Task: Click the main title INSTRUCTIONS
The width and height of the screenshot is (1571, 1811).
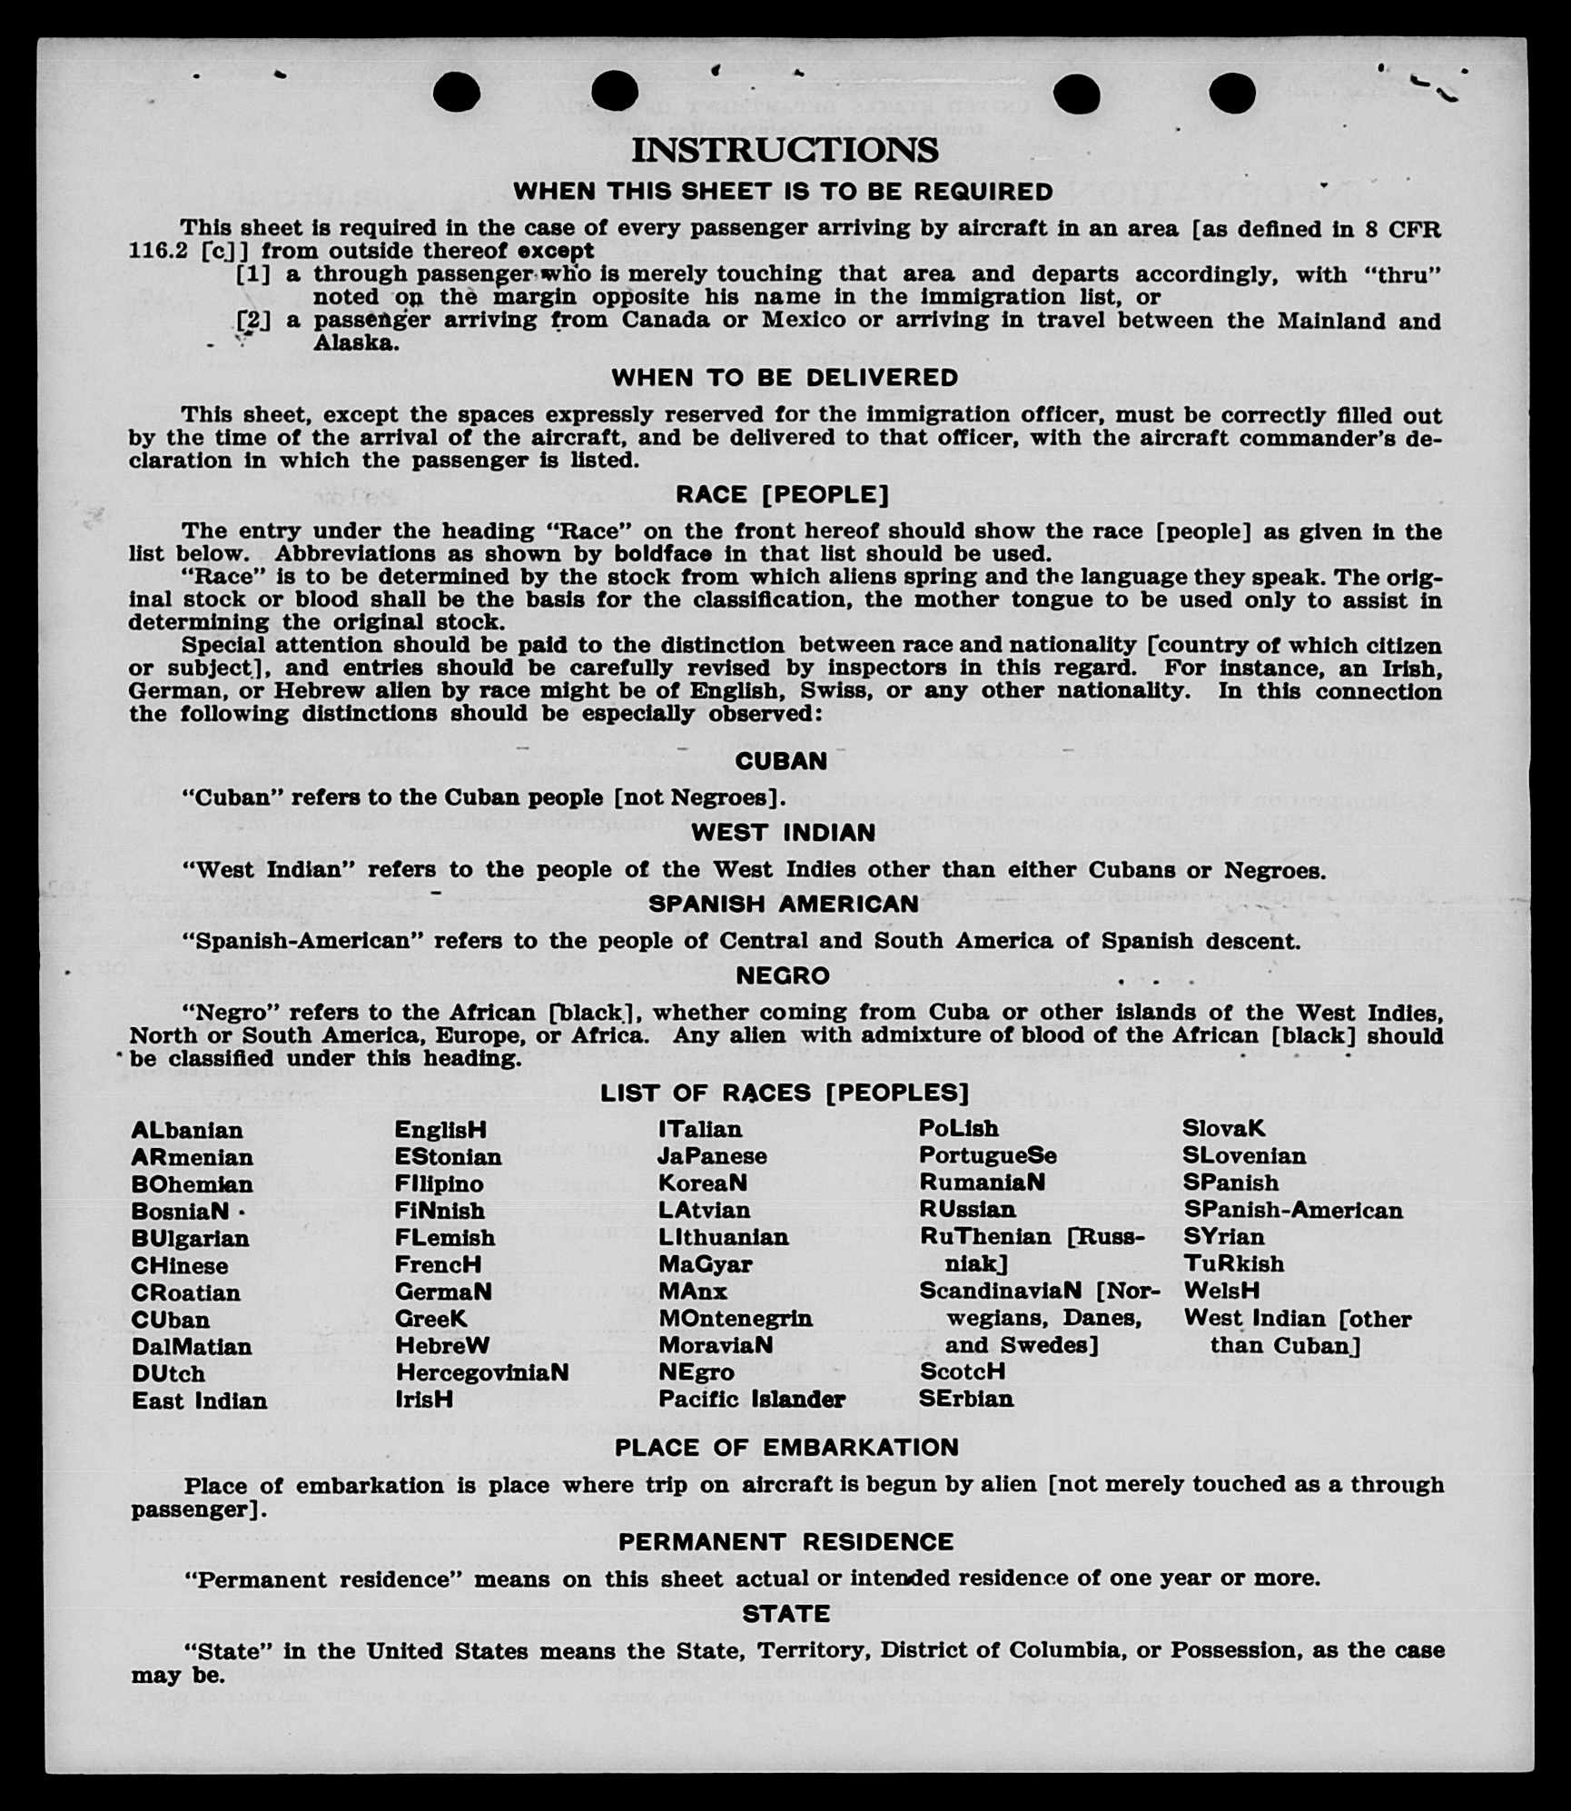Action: click(x=785, y=151)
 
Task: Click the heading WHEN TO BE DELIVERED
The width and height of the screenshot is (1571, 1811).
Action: click(x=785, y=378)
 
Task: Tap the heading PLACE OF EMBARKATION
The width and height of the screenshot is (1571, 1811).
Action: click(x=786, y=1448)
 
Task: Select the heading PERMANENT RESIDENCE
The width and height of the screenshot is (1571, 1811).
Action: click(x=786, y=1542)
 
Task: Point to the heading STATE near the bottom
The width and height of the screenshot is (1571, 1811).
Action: click(x=786, y=1614)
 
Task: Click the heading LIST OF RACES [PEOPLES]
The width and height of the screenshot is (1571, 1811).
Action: click(x=785, y=1093)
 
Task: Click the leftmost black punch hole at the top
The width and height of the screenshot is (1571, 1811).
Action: click(x=457, y=92)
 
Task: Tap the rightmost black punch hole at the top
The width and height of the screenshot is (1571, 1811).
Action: click(x=1232, y=93)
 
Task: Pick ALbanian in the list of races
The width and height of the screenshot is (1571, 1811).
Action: click(x=187, y=1131)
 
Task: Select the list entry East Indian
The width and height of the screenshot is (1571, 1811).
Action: click(x=200, y=1400)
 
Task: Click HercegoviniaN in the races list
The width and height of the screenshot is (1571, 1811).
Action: click(x=481, y=1372)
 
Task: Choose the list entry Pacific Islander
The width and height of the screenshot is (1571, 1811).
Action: click(x=752, y=1400)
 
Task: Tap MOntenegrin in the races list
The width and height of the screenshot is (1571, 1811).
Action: click(x=736, y=1318)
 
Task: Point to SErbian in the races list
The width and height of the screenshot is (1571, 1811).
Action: click(x=966, y=1399)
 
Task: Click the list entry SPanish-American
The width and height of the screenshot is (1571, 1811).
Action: click(x=1293, y=1210)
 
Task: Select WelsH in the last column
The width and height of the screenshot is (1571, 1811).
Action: click(x=1221, y=1291)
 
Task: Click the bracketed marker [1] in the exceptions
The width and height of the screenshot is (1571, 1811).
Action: click(x=253, y=274)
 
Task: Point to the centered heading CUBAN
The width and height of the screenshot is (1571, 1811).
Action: click(x=781, y=761)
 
